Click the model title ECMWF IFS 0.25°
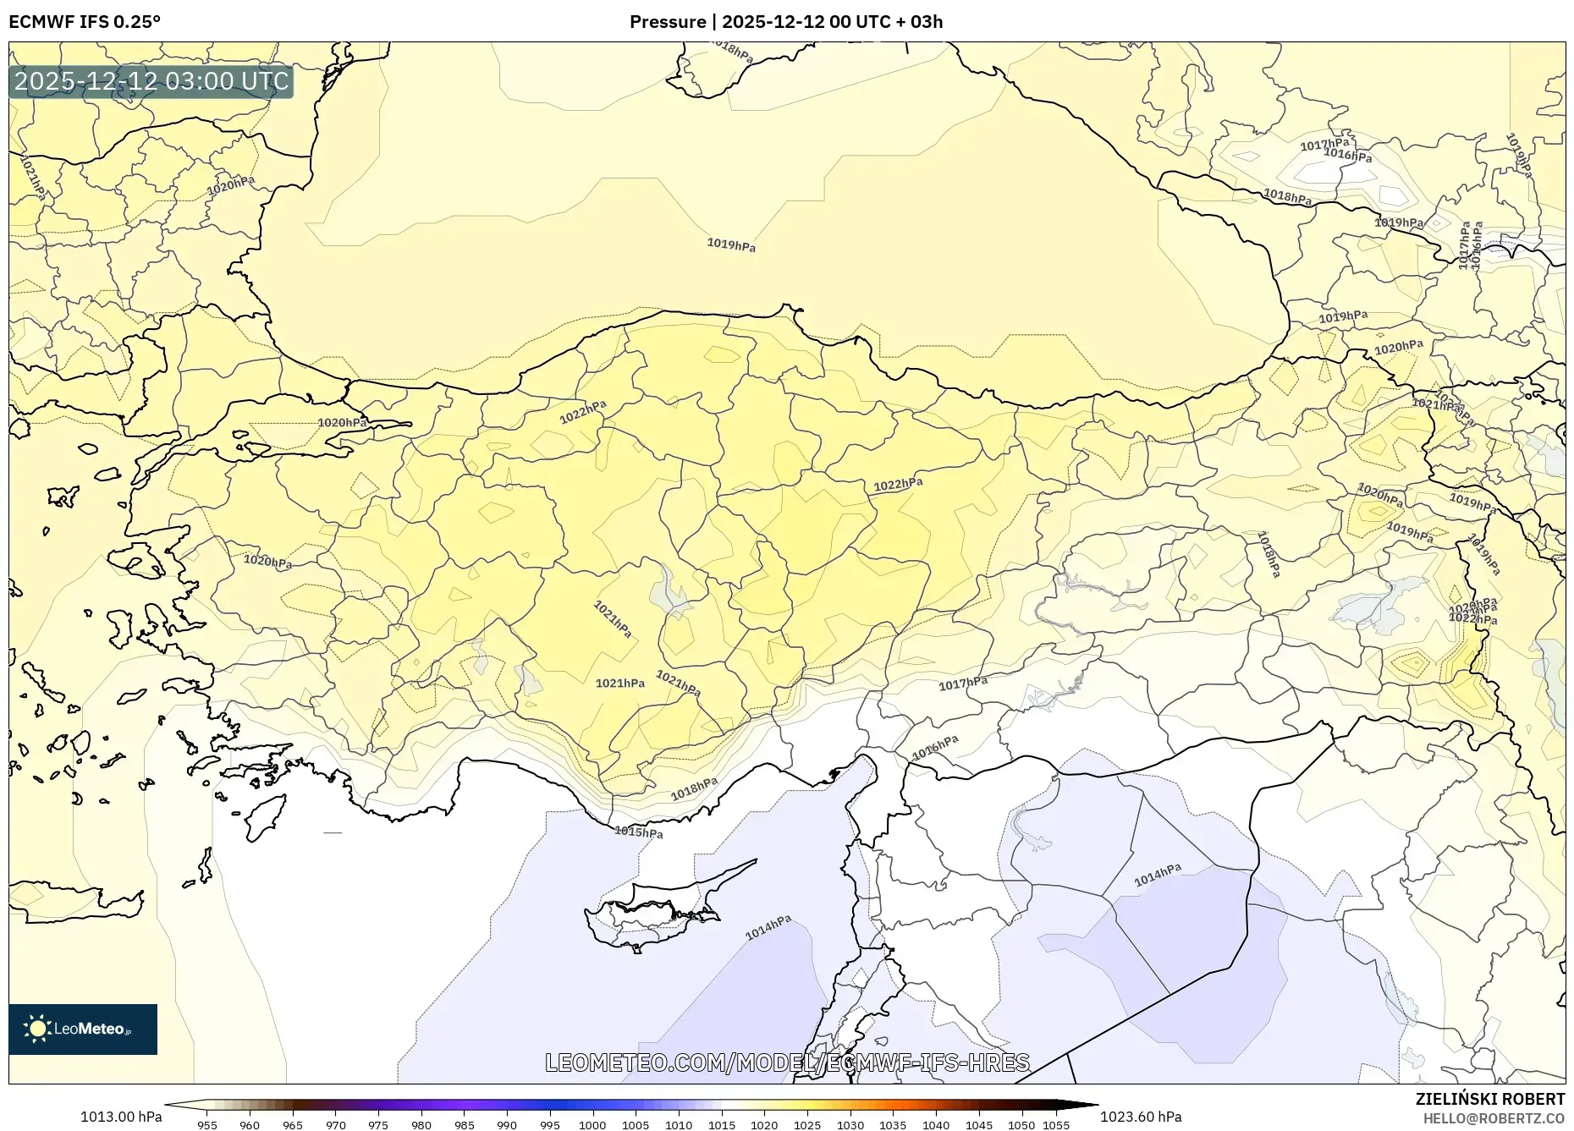[85, 22]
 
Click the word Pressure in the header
[667, 22]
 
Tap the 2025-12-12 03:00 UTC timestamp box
[151, 81]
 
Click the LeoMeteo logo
[83, 1029]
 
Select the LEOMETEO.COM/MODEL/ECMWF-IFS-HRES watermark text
[787, 1062]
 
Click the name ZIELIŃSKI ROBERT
[1489, 1099]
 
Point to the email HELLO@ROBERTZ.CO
[1493, 1118]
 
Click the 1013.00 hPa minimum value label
[121, 1117]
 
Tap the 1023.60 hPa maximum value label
[1141, 1117]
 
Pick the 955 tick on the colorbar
[207, 1125]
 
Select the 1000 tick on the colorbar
[592, 1125]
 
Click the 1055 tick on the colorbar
[1056, 1125]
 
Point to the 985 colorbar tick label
[464, 1125]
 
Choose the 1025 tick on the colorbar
[807, 1125]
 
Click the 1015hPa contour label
[639, 832]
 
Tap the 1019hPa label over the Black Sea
[731, 245]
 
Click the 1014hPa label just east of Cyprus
[768, 927]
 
